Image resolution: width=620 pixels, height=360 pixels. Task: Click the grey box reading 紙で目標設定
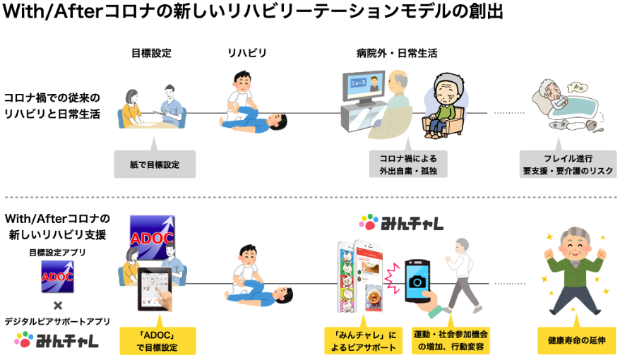tap(155, 164)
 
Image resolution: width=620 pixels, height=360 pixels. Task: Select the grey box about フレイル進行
tap(568, 164)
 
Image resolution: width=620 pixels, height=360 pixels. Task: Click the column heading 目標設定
tap(151, 53)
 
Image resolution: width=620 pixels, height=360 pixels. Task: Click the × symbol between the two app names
tap(58, 306)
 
